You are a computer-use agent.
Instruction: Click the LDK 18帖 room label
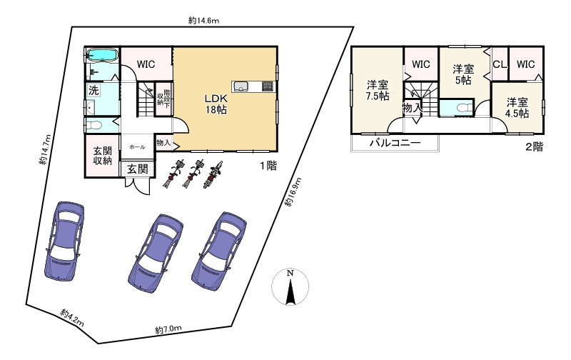tap(216, 104)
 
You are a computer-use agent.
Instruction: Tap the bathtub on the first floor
tap(102, 56)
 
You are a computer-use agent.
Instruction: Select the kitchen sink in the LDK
tap(241, 86)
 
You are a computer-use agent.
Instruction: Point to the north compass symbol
tap(290, 286)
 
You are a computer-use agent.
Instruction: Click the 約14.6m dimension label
tap(203, 21)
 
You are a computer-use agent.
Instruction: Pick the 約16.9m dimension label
tap(293, 192)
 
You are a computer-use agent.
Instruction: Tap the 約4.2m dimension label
tap(73, 317)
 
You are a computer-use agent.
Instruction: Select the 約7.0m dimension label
tap(168, 330)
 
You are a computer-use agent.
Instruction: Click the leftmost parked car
tap(64, 241)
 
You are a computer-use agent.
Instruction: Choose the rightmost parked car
tap(219, 251)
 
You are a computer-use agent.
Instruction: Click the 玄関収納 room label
tap(102, 156)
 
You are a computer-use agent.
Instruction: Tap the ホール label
tap(137, 147)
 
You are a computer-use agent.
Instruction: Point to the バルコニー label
tap(395, 142)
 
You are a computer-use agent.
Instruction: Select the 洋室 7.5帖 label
tap(378, 91)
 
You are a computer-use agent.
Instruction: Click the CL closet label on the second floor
tap(500, 64)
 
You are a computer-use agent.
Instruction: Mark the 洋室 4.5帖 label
tap(517, 107)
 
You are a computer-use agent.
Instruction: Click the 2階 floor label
tap(534, 147)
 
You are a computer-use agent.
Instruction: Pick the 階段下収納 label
tap(163, 99)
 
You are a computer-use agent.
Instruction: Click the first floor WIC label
tap(146, 64)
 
